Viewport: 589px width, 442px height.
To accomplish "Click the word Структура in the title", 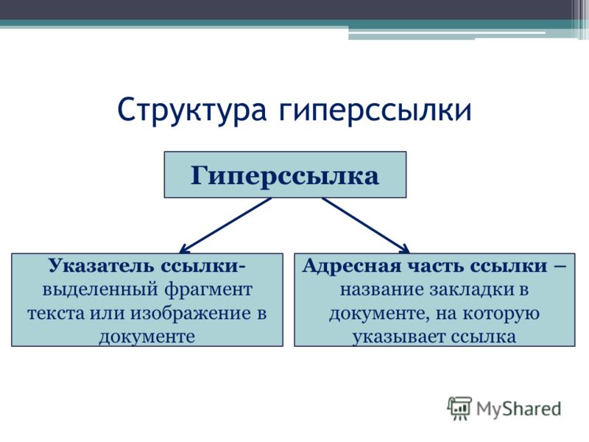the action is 192,110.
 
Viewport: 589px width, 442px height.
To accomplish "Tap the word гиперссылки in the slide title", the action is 375,110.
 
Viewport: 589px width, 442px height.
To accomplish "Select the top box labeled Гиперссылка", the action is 285,175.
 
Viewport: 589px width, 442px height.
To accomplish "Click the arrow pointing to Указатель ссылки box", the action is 225,225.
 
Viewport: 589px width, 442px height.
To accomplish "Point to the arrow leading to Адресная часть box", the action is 366,225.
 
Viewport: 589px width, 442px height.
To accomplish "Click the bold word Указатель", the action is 101,266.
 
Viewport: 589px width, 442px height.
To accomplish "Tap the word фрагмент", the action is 208,290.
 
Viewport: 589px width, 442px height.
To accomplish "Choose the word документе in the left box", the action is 147,337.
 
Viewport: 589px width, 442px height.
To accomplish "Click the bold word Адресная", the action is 352,266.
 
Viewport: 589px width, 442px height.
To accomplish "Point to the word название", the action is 381,290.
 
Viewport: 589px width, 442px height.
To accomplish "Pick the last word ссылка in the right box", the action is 483,337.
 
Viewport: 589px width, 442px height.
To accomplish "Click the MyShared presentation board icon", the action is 459,408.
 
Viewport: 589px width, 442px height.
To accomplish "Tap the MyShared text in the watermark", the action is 519,409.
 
